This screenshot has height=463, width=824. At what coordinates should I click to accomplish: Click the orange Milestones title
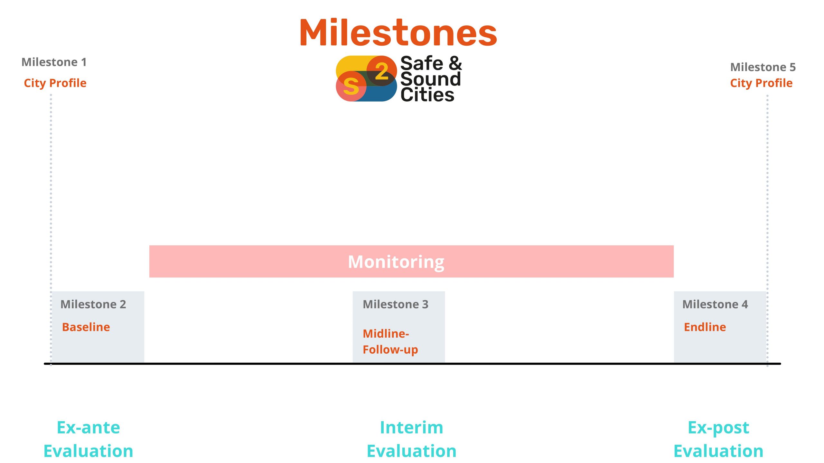[x=398, y=32]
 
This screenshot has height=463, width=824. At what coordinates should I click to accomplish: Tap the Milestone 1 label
[x=54, y=62]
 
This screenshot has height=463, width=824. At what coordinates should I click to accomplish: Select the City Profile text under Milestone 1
[x=55, y=83]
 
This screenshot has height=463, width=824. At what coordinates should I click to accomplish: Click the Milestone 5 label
[x=763, y=67]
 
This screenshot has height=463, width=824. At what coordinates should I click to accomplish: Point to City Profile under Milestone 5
[x=761, y=83]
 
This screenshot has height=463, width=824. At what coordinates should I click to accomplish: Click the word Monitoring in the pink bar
[x=396, y=262]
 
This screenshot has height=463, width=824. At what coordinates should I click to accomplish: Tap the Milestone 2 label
[x=93, y=304]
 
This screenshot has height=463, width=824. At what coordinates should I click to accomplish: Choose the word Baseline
[x=86, y=327]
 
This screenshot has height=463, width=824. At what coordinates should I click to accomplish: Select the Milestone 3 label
[x=396, y=304]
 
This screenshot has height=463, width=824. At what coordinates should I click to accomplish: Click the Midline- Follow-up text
[x=390, y=341]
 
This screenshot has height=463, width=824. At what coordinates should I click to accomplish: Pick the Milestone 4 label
[x=715, y=304]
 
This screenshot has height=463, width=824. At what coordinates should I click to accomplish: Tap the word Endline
[x=705, y=327]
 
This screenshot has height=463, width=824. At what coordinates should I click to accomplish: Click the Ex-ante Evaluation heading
[x=89, y=439]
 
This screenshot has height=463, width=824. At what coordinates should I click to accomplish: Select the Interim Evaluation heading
[x=412, y=439]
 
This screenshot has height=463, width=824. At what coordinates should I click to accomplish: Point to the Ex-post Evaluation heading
[x=718, y=439]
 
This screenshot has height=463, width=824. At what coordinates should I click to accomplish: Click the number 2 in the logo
[x=382, y=71]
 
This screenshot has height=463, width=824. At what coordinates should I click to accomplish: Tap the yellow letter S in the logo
[x=351, y=86]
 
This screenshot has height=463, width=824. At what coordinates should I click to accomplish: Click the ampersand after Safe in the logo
[x=455, y=63]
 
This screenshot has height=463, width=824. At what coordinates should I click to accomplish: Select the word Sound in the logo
[x=431, y=79]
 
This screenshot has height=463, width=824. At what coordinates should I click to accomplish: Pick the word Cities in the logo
[x=427, y=95]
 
